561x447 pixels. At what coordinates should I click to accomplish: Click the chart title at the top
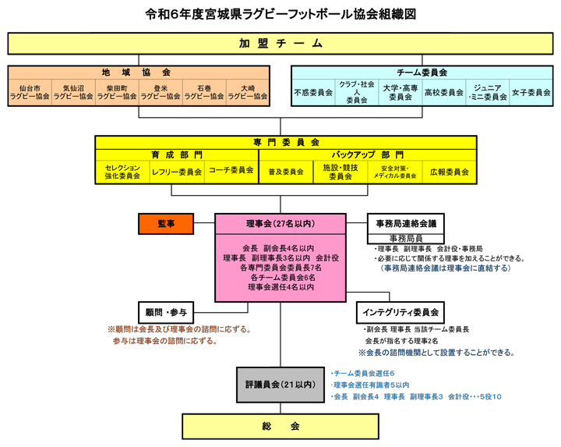coord(280,14)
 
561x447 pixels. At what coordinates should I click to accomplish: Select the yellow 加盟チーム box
coord(280,44)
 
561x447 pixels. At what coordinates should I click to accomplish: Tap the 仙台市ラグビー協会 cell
coord(30,93)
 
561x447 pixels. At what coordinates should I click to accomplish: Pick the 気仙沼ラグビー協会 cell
coord(73,93)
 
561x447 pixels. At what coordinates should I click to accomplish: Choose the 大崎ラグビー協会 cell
coord(248,93)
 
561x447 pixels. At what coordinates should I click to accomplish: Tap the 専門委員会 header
coord(286,143)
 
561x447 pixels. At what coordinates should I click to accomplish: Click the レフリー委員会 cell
coord(177,172)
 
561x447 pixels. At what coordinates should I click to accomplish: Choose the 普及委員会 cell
coord(286,172)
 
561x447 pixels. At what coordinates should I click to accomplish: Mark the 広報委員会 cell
coord(450,172)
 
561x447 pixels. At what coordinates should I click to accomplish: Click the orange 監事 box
coord(166,224)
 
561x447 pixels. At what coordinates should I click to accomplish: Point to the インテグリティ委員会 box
coord(400,311)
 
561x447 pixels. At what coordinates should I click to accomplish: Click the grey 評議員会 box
coord(280,384)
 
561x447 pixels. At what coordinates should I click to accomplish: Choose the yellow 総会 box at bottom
coord(280,427)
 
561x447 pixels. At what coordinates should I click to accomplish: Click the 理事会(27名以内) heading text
coord(280,224)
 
